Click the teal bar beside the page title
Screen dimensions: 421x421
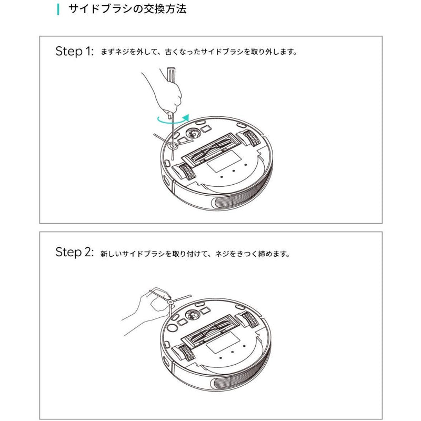click(x=58, y=9)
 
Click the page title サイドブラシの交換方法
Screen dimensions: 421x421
click(x=127, y=9)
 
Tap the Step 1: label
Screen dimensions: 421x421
click(x=74, y=51)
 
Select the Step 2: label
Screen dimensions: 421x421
click(x=74, y=252)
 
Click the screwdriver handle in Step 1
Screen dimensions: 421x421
click(x=171, y=74)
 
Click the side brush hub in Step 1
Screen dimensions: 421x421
click(x=173, y=146)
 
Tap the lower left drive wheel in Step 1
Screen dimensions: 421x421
click(x=187, y=172)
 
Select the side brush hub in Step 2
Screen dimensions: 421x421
click(x=170, y=302)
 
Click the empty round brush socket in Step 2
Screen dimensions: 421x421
click(x=172, y=327)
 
